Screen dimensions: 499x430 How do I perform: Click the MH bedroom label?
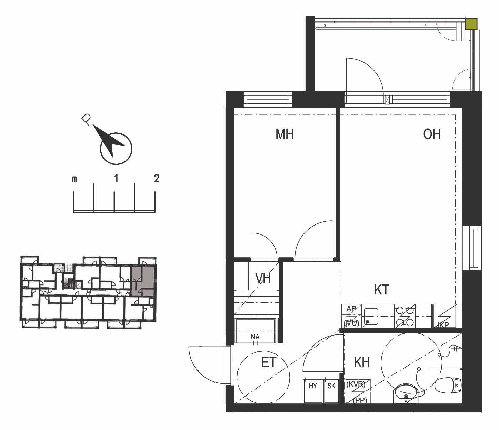(285, 134)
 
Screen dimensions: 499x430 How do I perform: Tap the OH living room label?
(432, 134)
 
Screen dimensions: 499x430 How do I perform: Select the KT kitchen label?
(381, 289)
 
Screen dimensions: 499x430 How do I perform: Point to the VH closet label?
(263, 278)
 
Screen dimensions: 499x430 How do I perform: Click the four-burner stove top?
(405, 316)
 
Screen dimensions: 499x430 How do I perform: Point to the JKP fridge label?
(442, 325)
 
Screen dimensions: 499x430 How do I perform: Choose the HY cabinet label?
(313, 386)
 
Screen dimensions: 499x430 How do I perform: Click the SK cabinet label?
(331, 386)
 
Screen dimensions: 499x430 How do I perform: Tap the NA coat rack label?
(255, 337)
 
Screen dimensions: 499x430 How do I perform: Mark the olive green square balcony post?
(471, 24)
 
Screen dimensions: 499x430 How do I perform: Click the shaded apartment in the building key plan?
(142, 281)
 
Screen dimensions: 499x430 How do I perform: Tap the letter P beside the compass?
(86, 119)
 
